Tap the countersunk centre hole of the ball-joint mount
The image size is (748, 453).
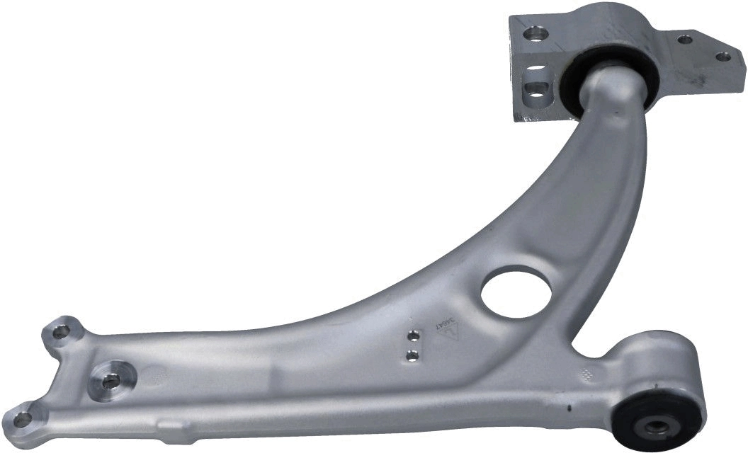point(110,381)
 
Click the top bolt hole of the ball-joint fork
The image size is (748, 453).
point(59,330)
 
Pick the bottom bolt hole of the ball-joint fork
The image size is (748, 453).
point(23,418)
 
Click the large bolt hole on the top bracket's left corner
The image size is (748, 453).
point(534,33)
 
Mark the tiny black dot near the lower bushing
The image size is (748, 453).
point(567,409)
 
